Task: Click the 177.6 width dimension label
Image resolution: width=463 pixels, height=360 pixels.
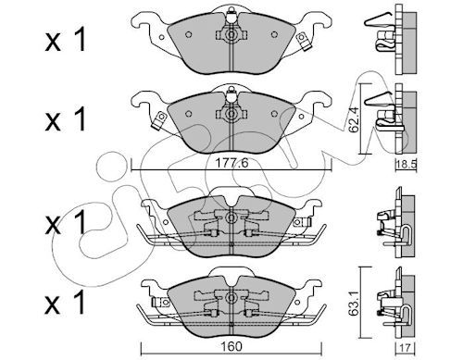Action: click(231, 163)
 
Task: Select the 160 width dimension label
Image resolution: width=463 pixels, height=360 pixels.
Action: click(231, 346)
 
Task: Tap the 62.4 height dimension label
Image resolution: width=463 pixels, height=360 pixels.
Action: click(353, 119)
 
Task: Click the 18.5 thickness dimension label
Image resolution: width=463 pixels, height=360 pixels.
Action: click(407, 165)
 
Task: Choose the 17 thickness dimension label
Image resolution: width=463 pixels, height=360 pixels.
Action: click(406, 348)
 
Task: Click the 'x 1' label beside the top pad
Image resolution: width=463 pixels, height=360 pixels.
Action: click(65, 42)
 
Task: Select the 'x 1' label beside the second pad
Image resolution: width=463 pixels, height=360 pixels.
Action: click(65, 120)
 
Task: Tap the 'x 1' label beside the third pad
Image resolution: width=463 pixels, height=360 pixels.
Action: click(65, 223)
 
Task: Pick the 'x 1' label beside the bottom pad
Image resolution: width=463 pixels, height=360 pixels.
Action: click(65, 303)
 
